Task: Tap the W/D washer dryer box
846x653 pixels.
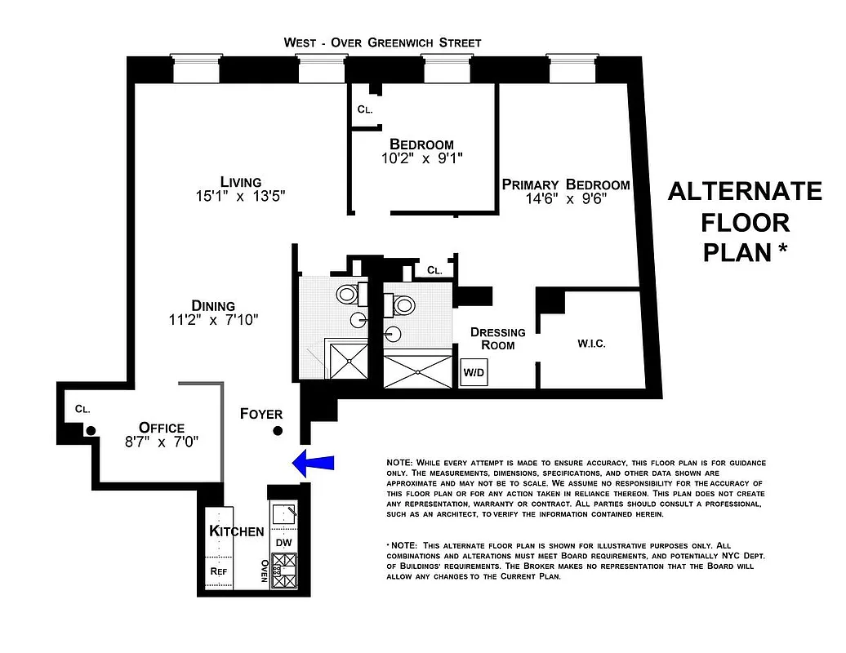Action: point(474,372)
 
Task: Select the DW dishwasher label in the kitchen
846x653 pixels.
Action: point(283,542)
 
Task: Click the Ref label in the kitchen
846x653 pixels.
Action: point(218,571)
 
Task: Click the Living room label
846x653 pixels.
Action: point(240,182)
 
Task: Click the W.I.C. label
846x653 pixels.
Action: point(591,344)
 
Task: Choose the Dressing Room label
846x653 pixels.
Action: point(497,339)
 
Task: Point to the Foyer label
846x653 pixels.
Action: point(261,414)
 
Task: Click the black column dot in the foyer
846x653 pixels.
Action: point(278,431)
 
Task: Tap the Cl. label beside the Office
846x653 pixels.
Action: point(82,408)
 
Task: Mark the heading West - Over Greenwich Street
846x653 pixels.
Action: point(382,42)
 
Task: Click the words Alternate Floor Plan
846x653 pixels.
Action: point(744,221)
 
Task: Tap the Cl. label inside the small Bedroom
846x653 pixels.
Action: point(365,109)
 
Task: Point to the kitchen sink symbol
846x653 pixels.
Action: point(284,515)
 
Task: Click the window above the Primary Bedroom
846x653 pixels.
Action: point(570,70)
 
